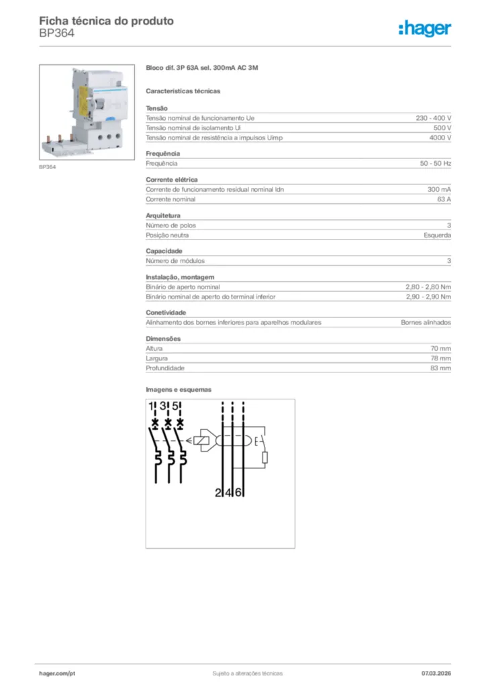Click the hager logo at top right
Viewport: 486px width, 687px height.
click(x=425, y=28)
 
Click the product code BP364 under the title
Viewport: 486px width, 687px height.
click(x=56, y=32)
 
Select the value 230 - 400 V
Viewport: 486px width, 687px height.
click(x=433, y=118)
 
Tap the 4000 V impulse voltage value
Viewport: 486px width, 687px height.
click(x=440, y=138)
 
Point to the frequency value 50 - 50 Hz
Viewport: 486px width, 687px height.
click(x=435, y=164)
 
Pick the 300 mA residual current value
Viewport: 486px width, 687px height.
click(x=439, y=190)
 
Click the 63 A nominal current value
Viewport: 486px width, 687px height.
click(x=444, y=199)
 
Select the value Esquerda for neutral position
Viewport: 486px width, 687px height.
click(x=437, y=235)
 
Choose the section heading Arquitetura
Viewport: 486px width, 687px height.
click(x=163, y=216)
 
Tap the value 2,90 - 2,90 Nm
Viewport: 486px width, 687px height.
click(x=428, y=297)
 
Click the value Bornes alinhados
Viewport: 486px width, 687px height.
click(x=426, y=323)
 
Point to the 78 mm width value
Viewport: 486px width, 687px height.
click(x=440, y=358)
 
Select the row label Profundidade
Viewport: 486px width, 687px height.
click(x=165, y=368)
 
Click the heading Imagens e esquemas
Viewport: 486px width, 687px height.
click(x=179, y=389)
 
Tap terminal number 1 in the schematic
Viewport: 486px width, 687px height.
click(x=152, y=407)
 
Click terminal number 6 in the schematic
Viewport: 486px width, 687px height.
click(x=239, y=493)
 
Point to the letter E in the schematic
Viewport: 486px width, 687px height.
click(x=256, y=441)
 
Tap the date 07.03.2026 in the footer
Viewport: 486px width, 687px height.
click(x=436, y=673)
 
